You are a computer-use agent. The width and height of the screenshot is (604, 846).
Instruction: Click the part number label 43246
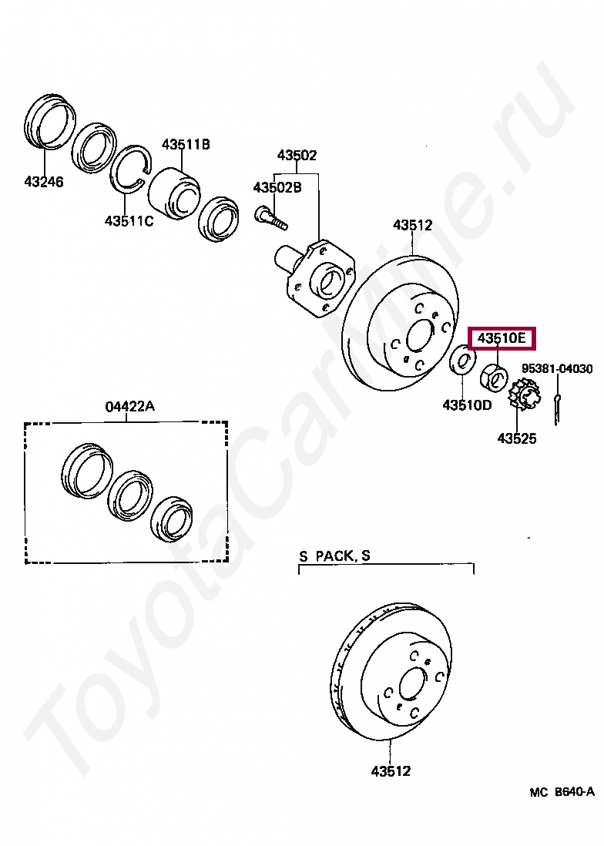tap(43, 183)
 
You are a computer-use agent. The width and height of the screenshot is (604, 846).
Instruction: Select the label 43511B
tap(186, 144)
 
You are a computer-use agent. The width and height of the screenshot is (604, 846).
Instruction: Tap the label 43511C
tap(129, 221)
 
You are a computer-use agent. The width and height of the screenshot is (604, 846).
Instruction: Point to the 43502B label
tap(277, 187)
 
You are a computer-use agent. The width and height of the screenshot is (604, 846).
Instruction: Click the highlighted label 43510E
tap(502, 338)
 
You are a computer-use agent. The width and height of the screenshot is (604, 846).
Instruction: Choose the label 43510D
tap(467, 405)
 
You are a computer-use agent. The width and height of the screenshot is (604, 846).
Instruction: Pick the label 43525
tap(516, 438)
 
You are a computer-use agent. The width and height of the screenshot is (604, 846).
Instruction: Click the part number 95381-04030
tap(557, 369)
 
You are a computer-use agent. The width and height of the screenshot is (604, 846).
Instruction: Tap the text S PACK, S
tap(334, 556)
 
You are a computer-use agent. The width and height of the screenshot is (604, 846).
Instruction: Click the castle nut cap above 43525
tap(524, 395)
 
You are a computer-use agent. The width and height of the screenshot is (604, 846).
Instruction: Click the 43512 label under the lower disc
tap(391, 770)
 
